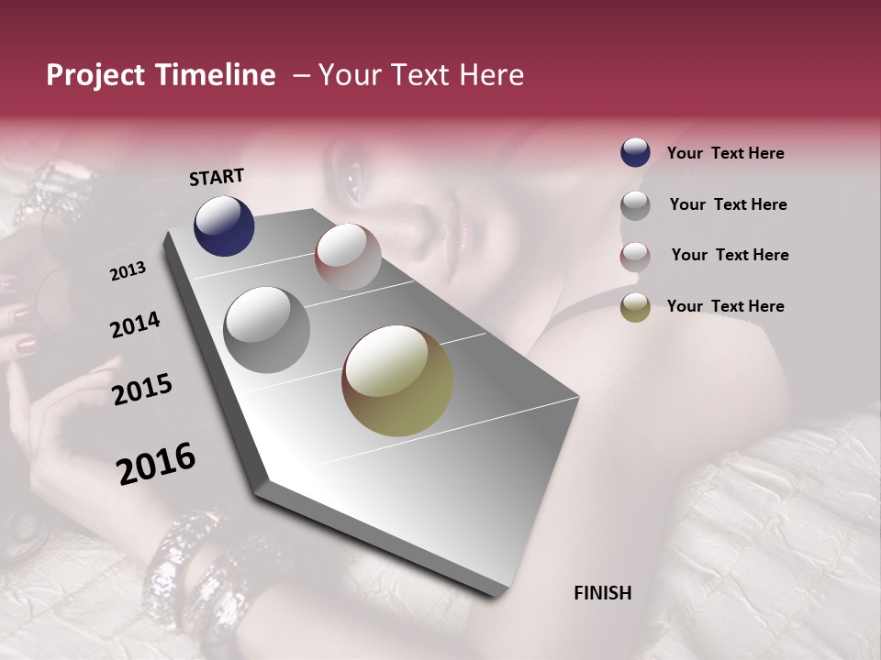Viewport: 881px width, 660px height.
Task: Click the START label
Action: pyautogui.click(x=217, y=177)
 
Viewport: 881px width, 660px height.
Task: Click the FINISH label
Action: pyautogui.click(x=602, y=593)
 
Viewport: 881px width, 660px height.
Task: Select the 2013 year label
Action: pyautogui.click(x=128, y=271)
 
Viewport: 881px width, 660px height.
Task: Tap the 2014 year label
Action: pyautogui.click(x=135, y=325)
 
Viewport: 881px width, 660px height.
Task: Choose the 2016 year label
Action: pyautogui.click(x=156, y=464)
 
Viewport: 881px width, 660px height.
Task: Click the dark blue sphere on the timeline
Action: pyautogui.click(x=224, y=225)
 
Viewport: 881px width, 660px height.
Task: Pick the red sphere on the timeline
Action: pyautogui.click(x=348, y=257)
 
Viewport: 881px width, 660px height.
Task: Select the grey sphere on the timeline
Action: pyautogui.click(x=266, y=330)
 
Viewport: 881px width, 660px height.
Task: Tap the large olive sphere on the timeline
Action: pyautogui.click(x=397, y=380)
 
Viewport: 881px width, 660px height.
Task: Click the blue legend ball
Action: pyautogui.click(x=635, y=153)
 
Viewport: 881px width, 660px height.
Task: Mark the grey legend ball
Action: pyautogui.click(x=635, y=205)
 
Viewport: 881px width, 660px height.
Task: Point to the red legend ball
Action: pyautogui.click(x=635, y=257)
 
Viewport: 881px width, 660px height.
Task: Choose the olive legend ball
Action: pyautogui.click(x=635, y=308)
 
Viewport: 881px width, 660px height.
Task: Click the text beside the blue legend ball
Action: pyautogui.click(x=725, y=154)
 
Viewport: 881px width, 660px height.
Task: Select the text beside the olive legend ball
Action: pyautogui.click(x=725, y=306)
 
